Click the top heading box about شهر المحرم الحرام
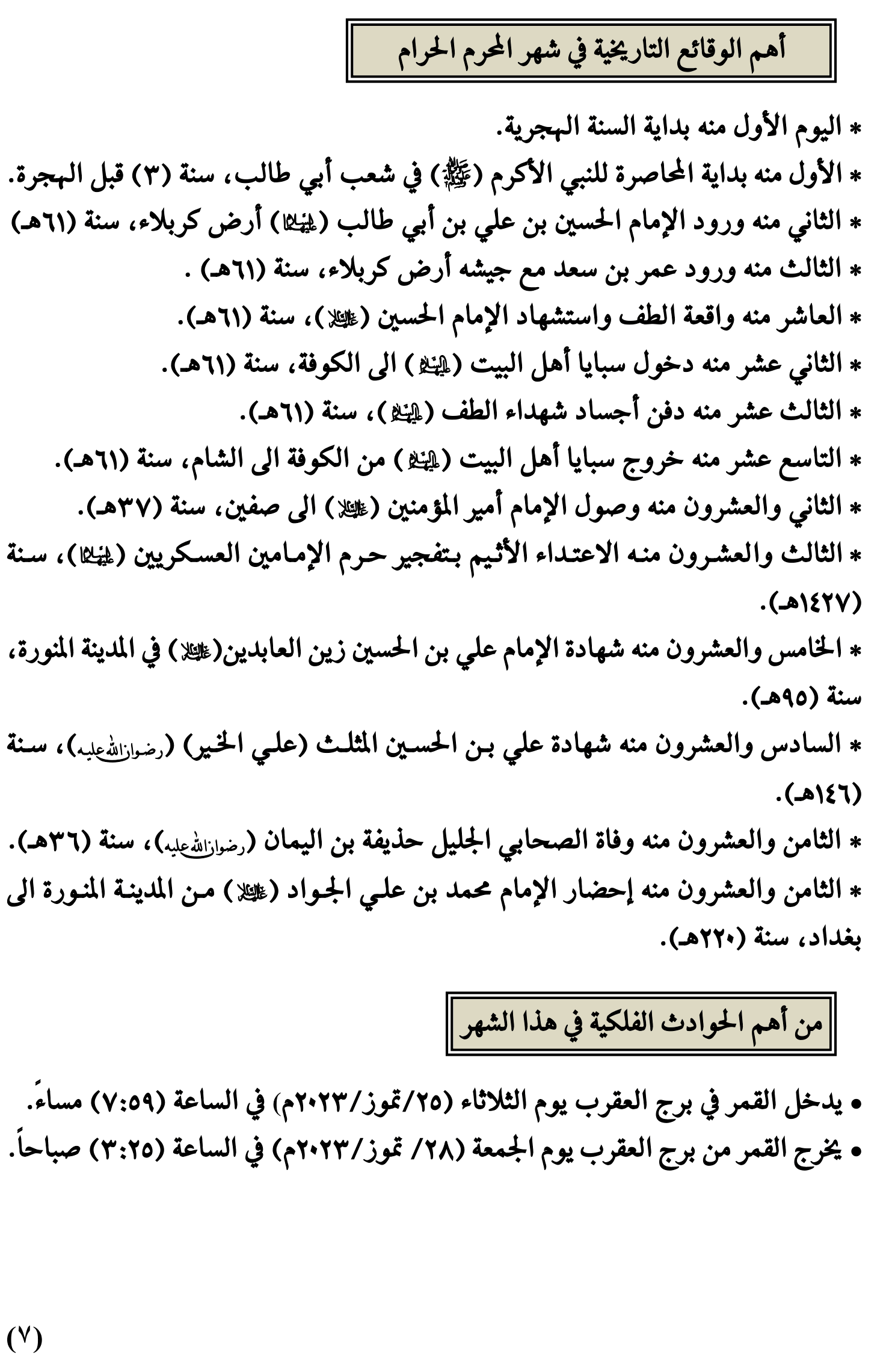click(591, 51)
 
